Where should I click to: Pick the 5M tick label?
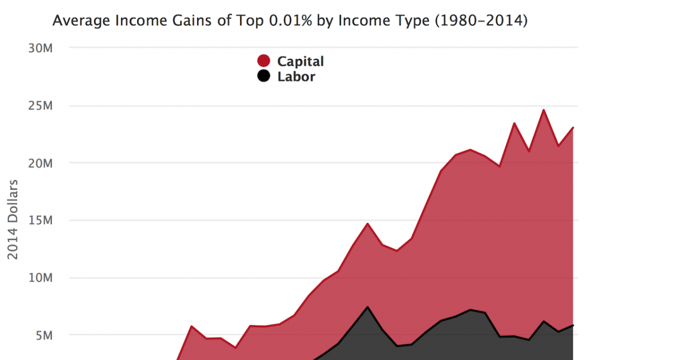(x=43, y=335)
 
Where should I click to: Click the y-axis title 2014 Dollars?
(x=13, y=220)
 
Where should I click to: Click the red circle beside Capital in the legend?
(x=264, y=61)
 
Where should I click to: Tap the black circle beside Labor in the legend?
(x=264, y=76)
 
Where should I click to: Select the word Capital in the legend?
(x=300, y=61)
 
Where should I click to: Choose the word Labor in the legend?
(x=296, y=77)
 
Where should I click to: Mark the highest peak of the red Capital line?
(x=544, y=110)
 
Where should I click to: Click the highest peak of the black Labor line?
(x=368, y=307)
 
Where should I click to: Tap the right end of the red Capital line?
(x=573, y=127)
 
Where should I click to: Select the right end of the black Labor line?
(x=573, y=325)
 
